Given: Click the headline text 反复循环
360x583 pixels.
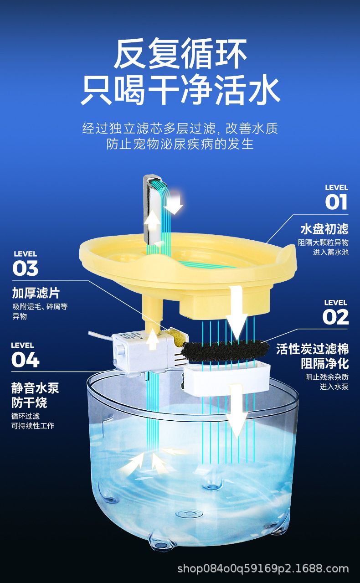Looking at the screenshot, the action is (x=180, y=54).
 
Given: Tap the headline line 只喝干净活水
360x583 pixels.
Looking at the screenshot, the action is (x=180, y=90).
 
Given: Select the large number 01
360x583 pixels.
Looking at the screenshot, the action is (x=336, y=202).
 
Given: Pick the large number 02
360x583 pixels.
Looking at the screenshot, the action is (x=335, y=317).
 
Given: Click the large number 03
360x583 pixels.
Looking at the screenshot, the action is (x=26, y=268).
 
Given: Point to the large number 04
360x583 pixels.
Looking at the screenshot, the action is (x=26, y=360).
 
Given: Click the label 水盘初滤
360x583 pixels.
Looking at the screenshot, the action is (x=324, y=229).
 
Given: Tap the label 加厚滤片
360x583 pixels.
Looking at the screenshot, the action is (x=36, y=293).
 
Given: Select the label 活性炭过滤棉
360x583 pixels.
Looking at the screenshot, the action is (x=313, y=349).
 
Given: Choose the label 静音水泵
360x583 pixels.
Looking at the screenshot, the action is (x=35, y=388).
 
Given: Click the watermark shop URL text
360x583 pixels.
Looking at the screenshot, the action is (x=263, y=568).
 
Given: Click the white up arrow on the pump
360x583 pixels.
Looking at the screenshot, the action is (x=153, y=340).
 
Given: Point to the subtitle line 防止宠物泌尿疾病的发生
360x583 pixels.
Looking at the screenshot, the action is (x=180, y=144).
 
